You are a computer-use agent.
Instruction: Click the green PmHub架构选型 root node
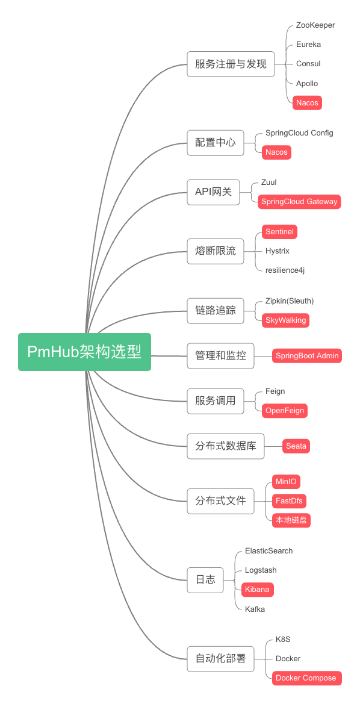click(x=84, y=352)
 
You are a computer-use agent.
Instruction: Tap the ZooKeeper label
click(x=315, y=25)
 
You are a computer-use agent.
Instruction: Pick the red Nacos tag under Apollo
click(x=307, y=103)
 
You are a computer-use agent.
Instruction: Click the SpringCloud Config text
click(x=299, y=132)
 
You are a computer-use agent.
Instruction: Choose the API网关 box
click(x=213, y=192)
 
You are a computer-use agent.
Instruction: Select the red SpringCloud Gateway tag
click(x=299, y=202)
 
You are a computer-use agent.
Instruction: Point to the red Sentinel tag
click(x=279, y=232)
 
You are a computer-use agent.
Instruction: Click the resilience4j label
click(x=285, y=270)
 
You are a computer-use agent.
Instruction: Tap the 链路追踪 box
click(x=216, y=311)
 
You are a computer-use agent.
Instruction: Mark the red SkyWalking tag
click(x=285, y=320)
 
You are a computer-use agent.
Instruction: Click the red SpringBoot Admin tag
click(x=307, y=356)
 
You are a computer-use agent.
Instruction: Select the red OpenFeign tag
click(x=285, y=411)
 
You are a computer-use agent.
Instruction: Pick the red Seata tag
click(x=296, y=446)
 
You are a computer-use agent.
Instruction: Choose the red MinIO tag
click(x=286, y=482)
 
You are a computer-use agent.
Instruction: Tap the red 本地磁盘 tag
click(x=291, y=520)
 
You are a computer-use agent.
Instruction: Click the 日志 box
click(x=205, y=579)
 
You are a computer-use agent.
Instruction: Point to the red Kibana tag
click(x=257, y=589)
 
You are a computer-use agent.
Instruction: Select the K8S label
click(x=283, y=639)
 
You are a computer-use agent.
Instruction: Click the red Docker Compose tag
click(x=306, y=678)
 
